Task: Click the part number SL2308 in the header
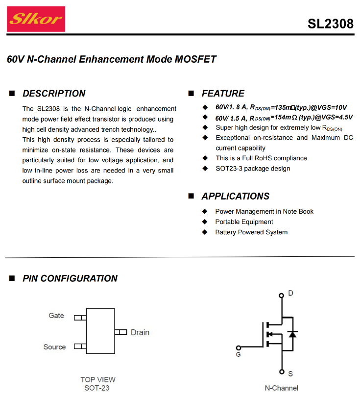tap(330, 24)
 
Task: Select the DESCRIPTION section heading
tap(54, 93)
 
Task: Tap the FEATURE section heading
tap(223, 93)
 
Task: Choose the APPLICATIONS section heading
tap(235, 196)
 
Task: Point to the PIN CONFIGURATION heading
tap(70, 278)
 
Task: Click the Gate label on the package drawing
tap(56, 316)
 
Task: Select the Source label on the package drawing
tap(54, 347)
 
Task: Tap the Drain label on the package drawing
tap(140, 332)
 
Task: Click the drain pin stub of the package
tap(120, 332)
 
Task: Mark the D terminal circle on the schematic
tap(281, 296)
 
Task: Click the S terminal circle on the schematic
tap(281, 371)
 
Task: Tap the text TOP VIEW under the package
tap(98, 379)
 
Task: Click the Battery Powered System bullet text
tap(251, 232)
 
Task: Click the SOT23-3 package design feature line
tap(253, 169)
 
